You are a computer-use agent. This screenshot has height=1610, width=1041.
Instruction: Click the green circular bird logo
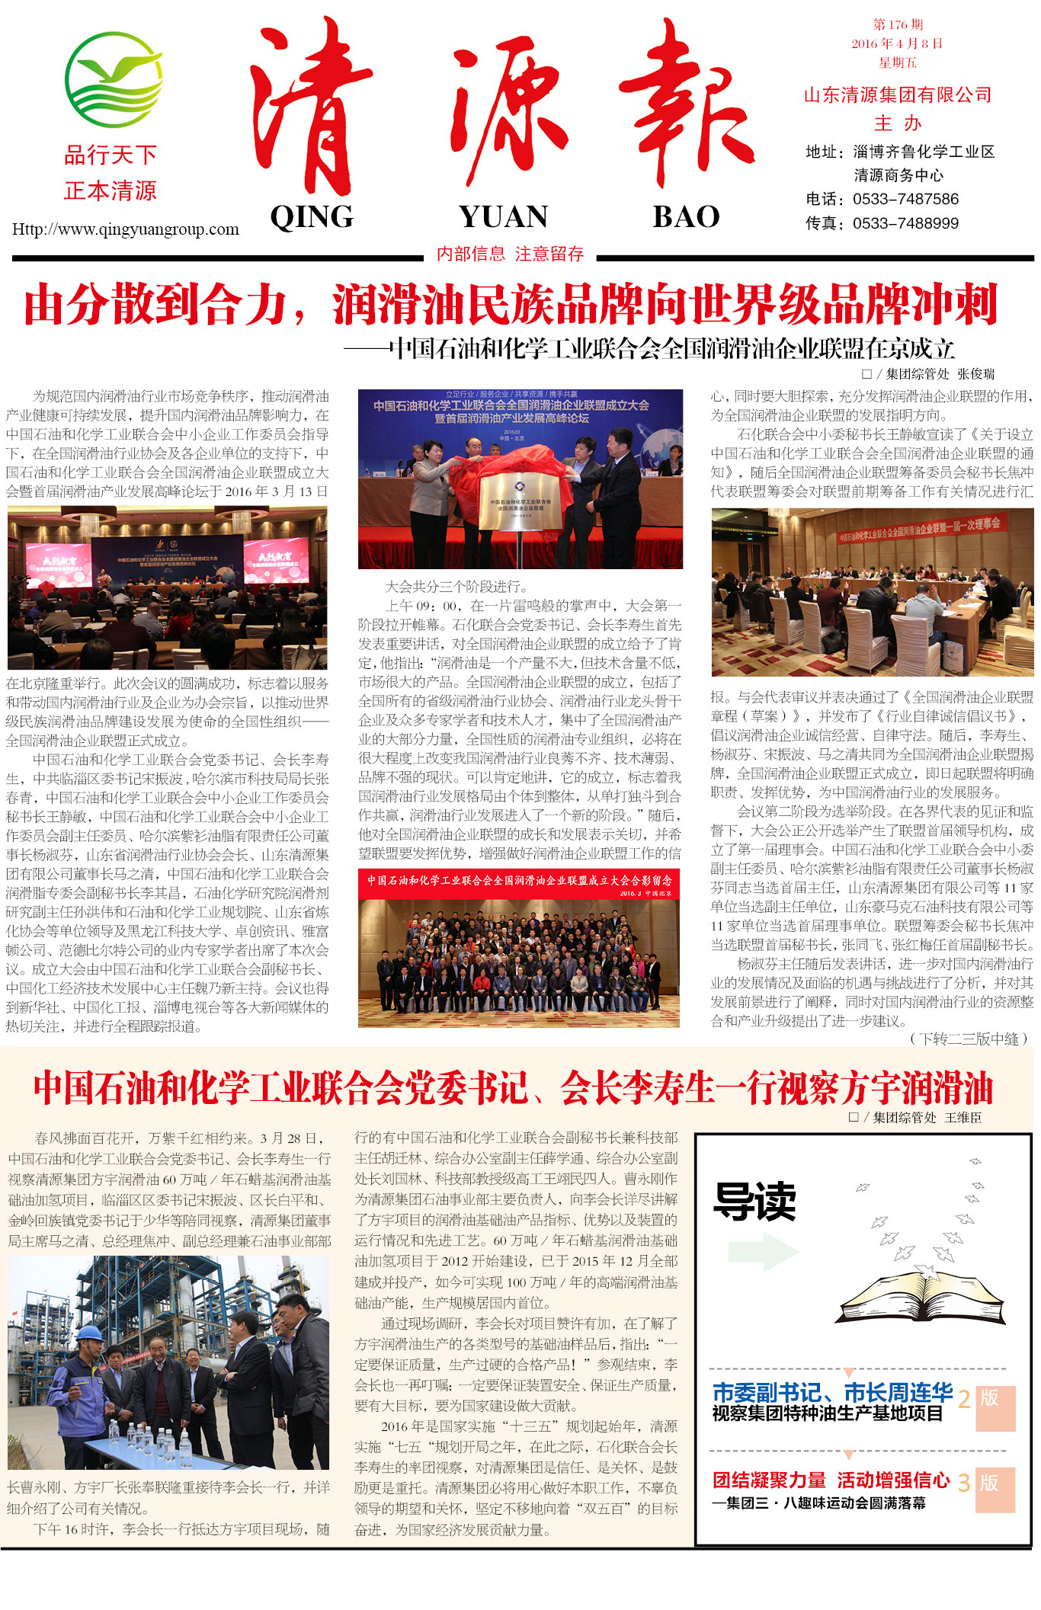(x=114, y=80)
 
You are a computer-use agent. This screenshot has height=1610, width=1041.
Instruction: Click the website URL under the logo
(x=126, y=229)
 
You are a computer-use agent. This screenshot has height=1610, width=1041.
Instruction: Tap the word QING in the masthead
(x=312, y=217)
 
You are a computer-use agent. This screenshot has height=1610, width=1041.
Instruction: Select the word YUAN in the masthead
(x=503, y=217)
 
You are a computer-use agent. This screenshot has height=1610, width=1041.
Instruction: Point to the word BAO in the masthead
(x=686, y=217)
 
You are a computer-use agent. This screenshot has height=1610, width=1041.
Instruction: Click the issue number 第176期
(x=898, y=25)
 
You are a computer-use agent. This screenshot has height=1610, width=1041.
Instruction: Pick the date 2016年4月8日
(x=897, y=44)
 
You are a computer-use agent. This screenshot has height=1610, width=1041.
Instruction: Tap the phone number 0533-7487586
(x=905, y=200)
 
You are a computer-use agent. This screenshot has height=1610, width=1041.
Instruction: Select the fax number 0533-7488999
(x=905, y=224)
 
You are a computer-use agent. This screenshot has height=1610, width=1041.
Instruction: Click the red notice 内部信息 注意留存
(x=510, y=254)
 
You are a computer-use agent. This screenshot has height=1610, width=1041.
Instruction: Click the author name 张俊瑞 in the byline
(x=976, y=374)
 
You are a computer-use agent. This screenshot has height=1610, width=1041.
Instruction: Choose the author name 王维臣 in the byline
(x=963, y=1118)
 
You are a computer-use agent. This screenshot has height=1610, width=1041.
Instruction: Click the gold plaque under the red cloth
(x=520, y=501)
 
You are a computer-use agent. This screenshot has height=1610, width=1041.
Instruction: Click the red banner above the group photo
(x=519, y=884)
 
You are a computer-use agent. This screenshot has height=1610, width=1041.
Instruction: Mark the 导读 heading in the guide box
(x=754, y=1202)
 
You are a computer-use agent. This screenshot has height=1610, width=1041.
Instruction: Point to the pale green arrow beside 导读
(x=763, y=1251)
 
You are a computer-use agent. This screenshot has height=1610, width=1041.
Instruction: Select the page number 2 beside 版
(x=964, y=1399)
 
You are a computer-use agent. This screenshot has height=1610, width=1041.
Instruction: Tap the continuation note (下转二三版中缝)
(x=968, y=1039)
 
